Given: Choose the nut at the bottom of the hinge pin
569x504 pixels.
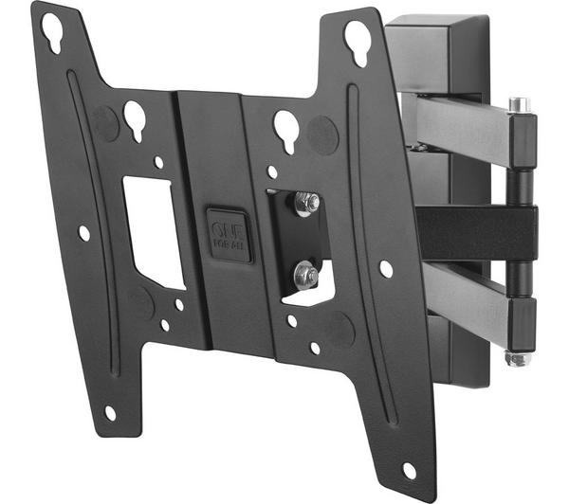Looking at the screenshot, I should [517, 358].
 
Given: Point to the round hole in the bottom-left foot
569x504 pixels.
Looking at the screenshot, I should [110, 412].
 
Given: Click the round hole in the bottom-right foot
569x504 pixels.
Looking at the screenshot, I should [410, 470].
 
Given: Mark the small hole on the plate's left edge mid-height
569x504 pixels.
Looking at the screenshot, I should [84, 232].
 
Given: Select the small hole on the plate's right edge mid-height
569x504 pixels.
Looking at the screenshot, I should [386, 268].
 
